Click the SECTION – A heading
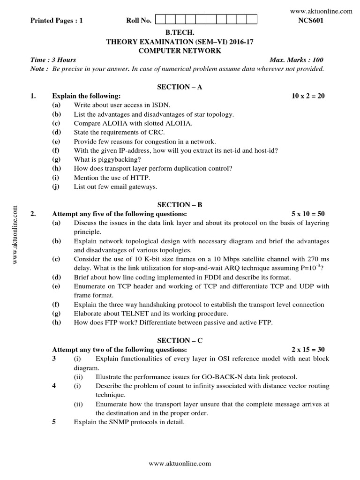(180, 87)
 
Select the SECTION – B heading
(180, 205)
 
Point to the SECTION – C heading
(180, 341)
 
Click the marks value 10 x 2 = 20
(308, 96)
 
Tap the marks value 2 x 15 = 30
(308, 350)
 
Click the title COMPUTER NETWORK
(180, 51)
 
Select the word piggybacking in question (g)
(110, 159)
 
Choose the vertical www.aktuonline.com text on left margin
(15, 234)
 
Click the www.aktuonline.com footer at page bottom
(180, 464)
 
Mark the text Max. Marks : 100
(296, 60)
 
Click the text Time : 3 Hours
(53, 60)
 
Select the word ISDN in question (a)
(161, 105)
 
